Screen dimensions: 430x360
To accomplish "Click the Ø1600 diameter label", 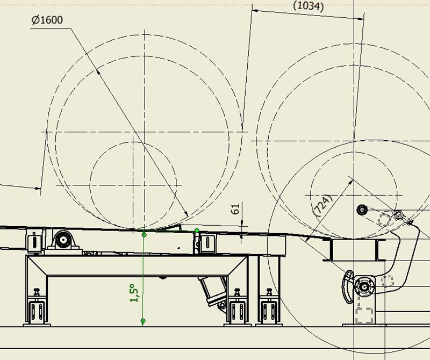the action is [47, 20].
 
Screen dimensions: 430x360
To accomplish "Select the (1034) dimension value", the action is [308, 6].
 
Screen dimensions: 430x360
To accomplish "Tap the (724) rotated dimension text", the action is [323, 205].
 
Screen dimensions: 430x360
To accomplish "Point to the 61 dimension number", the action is [235, 208].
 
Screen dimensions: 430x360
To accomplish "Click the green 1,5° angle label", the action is [134, 293].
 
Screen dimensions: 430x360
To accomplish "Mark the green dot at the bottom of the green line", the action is [143, 321].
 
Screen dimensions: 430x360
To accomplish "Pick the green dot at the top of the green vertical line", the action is [144, 234].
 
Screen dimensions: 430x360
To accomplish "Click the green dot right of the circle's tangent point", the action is [197, 231].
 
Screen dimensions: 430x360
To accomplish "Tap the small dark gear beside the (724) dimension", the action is [362, 210].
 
